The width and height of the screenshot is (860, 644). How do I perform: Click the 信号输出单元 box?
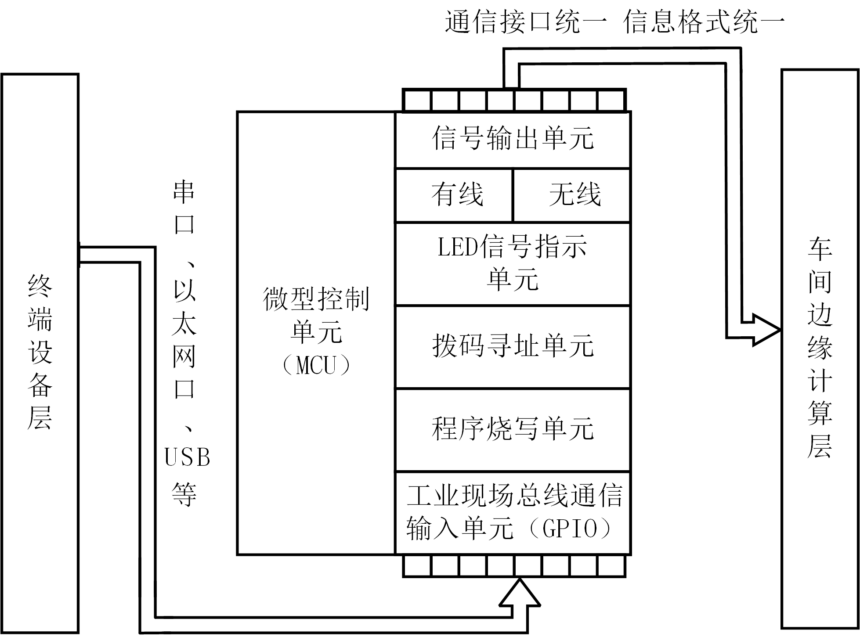(513, 139)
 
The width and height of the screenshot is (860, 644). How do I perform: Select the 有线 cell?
(454, 195)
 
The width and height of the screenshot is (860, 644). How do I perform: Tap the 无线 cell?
(572, 195)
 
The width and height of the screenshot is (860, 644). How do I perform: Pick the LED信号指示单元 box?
(513, 264)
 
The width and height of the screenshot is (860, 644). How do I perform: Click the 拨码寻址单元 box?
(513, 347)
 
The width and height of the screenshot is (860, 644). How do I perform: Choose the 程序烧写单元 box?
(513, 429)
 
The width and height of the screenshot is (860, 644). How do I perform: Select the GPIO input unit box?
(513, 513)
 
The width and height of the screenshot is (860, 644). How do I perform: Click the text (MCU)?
(316, 365)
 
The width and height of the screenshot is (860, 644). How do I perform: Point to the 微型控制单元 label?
(316, 315)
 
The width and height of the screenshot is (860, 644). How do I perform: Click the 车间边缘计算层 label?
(820, 349)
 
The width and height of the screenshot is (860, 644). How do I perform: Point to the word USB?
(187, 458)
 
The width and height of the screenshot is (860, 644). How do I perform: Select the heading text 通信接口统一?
(526, 22)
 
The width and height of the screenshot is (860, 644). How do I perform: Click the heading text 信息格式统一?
(704, 22)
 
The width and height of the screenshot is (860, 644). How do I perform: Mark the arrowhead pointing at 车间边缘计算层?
(766, 330)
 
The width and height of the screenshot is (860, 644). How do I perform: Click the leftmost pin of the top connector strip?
(418, 101)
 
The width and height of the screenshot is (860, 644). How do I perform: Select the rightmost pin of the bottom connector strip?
(611, 566)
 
